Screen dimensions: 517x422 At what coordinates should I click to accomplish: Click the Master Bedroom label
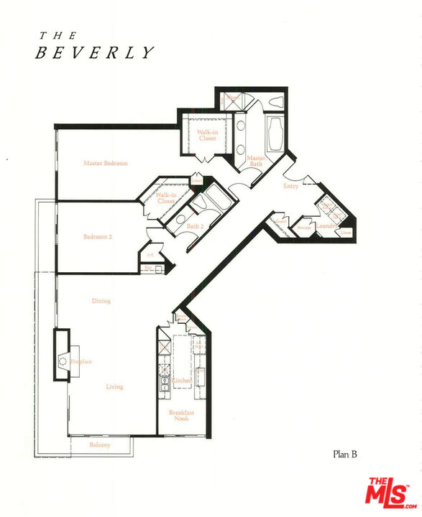point(105,164)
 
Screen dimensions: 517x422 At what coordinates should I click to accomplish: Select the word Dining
point(101,301)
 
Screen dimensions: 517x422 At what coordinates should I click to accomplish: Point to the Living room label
point(114,387)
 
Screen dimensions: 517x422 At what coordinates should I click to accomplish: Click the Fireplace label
point(81,362)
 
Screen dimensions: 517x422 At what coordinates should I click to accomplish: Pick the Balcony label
point(100,445)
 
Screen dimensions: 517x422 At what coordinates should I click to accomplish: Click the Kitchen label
point(181,380)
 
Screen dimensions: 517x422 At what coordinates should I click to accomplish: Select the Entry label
point(290,186)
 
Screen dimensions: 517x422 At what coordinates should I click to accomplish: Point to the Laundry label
point(326,226)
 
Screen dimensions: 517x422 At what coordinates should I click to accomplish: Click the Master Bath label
point(256,161)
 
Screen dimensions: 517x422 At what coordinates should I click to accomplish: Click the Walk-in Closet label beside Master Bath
point(207,135)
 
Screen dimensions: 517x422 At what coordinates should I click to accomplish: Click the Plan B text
point(345,453)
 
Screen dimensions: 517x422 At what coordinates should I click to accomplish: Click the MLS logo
point(388,494)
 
